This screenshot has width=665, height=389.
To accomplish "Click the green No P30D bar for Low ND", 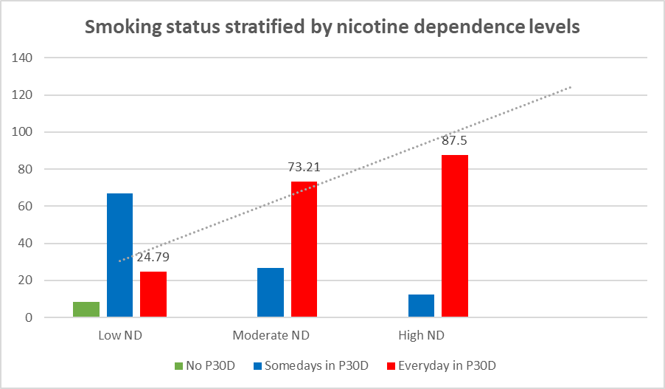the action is (x=86, y=309).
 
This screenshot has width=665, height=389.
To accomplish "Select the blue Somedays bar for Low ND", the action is (x=119, y=255).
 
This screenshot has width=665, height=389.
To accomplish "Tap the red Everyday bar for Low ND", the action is (x=153, y=294).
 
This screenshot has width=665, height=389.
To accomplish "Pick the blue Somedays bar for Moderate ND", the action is (x=271, y=292).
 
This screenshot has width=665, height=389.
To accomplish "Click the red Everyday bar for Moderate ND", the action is (x=304, y=249).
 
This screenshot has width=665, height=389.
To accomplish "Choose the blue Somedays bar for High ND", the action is (x=421, y=306).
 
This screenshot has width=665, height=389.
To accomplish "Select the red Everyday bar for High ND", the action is (x=455, y=235).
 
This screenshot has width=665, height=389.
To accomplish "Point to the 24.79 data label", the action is (x=153, y=257).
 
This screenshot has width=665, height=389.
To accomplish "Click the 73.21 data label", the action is (x=304, y=168).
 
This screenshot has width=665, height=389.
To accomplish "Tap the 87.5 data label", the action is (x=454, y=140).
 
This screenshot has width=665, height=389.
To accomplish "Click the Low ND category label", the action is (x=120, y=335).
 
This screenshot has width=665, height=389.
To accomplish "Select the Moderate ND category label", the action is (x=271, y=335).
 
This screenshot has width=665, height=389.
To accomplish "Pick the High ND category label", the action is (x=421, y=335).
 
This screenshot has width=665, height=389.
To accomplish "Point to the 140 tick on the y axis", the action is (x=22, y=58).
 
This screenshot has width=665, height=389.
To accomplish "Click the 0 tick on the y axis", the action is (x=29, y=317).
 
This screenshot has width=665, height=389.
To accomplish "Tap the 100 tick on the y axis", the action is (x=22, y=131).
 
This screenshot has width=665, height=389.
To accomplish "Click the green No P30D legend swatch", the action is (x=178, y=365).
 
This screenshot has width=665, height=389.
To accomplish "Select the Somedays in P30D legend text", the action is (x=316, y=365).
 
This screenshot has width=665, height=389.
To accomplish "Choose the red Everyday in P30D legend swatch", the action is (x=391, y=365).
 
